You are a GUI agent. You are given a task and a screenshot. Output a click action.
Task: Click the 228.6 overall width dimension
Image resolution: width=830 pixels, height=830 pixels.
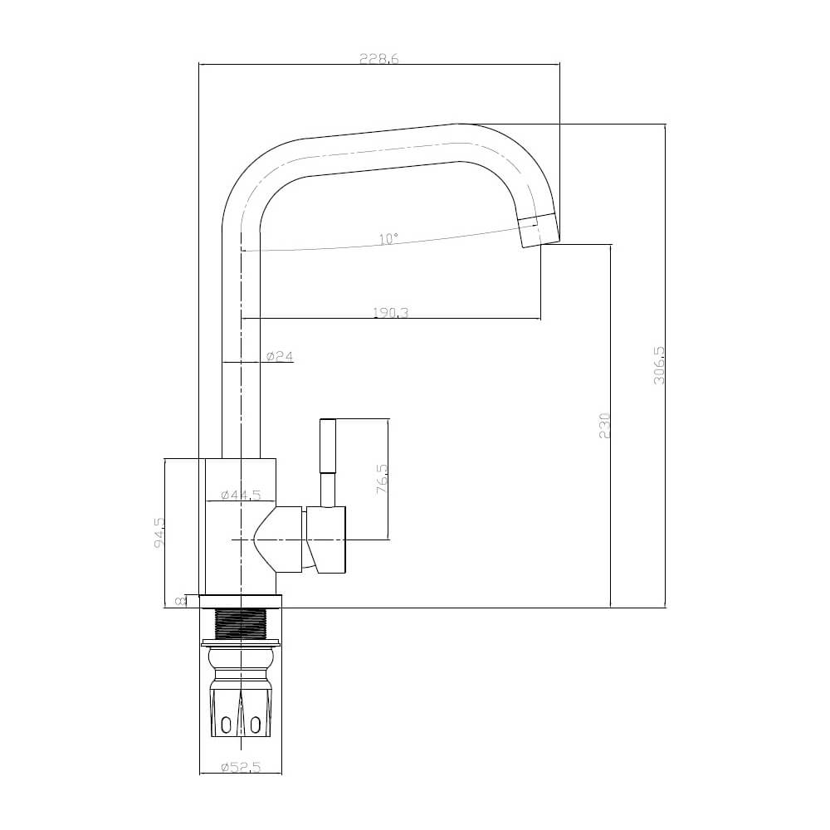click(378, 59)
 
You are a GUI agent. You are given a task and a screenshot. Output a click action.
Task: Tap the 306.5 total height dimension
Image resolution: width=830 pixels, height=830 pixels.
click(659, 366)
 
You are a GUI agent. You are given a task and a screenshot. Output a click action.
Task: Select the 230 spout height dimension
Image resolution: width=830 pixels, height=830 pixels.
click(605, 425)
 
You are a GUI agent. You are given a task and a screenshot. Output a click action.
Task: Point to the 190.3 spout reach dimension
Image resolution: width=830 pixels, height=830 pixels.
click(390, 313)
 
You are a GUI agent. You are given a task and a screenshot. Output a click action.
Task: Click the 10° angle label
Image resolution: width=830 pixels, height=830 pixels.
click(388, 239)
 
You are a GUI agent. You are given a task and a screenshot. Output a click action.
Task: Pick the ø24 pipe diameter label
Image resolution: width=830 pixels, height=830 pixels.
click(280, 356)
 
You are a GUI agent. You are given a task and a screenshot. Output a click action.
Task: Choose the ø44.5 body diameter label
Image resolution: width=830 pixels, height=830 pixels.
click(241, 495)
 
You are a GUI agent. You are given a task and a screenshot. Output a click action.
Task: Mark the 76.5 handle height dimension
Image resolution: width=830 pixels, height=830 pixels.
click(382, 479)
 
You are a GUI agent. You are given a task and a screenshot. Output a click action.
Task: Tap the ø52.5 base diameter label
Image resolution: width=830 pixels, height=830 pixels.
click(241, 768)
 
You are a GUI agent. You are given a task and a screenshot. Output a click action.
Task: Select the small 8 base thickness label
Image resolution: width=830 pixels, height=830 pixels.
click(179, 602)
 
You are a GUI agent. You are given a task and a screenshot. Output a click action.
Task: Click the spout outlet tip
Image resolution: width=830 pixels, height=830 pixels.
click(539, 230)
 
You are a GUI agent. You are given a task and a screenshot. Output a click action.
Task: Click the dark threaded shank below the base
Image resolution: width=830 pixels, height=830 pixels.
click(241, 622)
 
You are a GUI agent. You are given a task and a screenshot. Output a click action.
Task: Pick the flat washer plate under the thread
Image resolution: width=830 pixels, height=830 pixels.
click(241, 641)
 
